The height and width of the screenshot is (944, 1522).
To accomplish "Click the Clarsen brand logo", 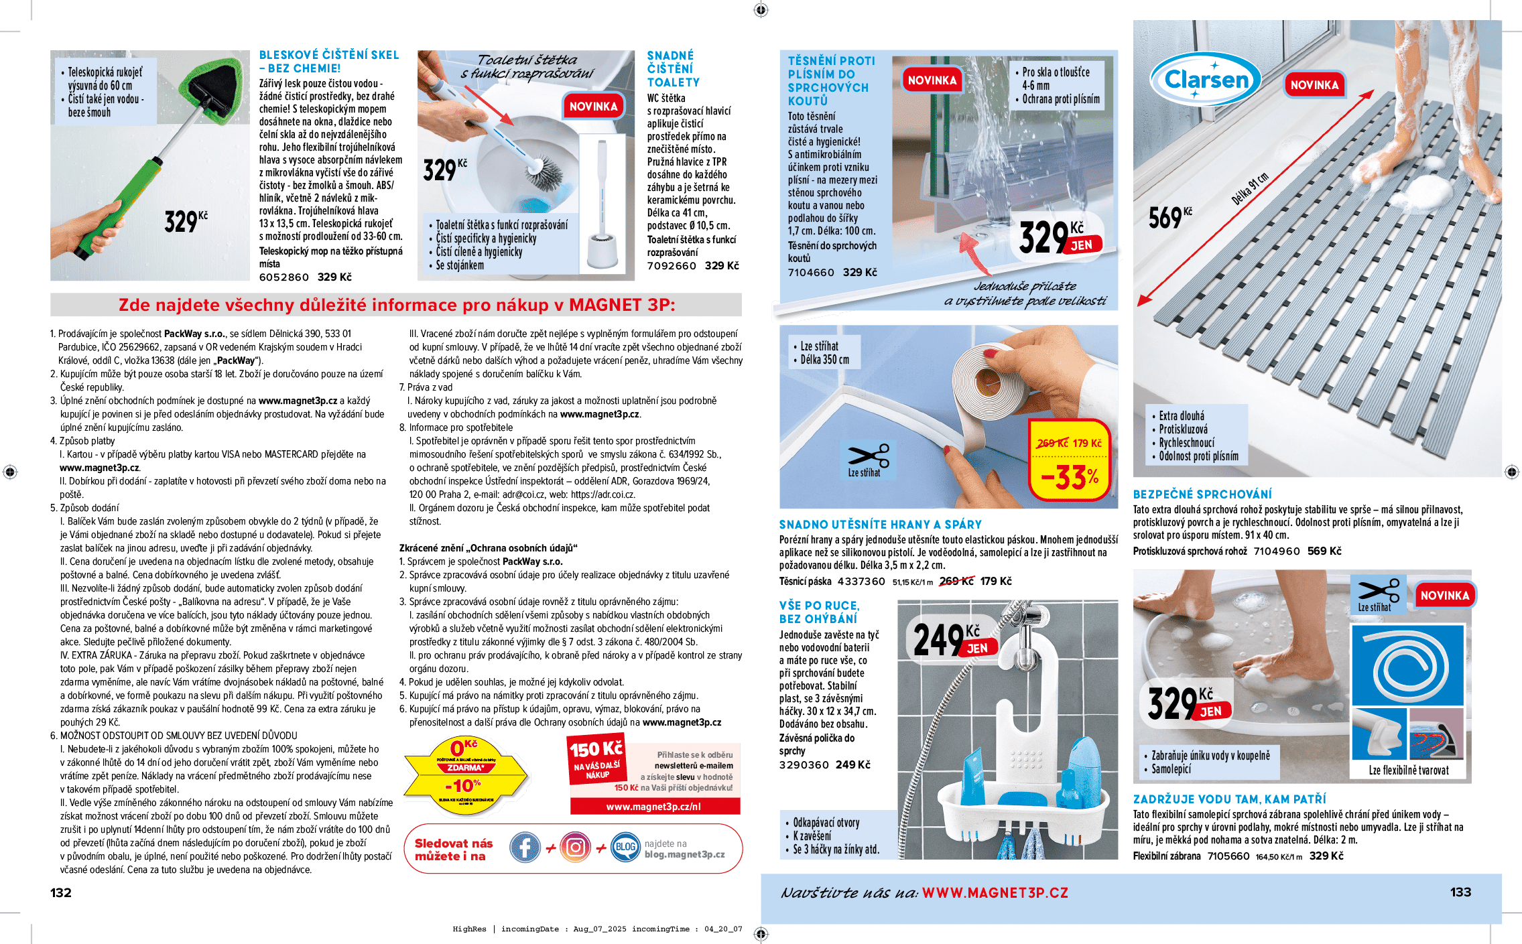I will (x=1206, y=80).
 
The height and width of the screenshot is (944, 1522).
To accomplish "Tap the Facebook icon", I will (x=525, y=848).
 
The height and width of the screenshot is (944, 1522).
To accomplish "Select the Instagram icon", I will (x=575, y=848).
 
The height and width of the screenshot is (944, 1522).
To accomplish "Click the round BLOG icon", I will (x=625, y=848).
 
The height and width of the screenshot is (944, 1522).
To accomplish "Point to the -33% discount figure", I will (x=1070, y=477).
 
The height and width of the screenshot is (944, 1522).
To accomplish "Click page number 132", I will (x=60, y=892).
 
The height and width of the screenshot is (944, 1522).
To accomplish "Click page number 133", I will (x=1460, y=892).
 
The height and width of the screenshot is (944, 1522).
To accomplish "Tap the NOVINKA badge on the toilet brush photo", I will (x=593, y=107).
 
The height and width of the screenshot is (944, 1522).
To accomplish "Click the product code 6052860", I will (x=284, y=277).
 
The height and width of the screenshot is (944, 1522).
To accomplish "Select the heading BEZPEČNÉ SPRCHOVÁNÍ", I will (x=1202, y=494).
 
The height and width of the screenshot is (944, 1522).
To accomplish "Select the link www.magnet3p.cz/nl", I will (x=653, y=807).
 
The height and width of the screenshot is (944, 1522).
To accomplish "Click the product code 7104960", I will (x=1277, y=551).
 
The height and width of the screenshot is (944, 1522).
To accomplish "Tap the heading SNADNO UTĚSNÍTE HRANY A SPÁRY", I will (x=880, y=525).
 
